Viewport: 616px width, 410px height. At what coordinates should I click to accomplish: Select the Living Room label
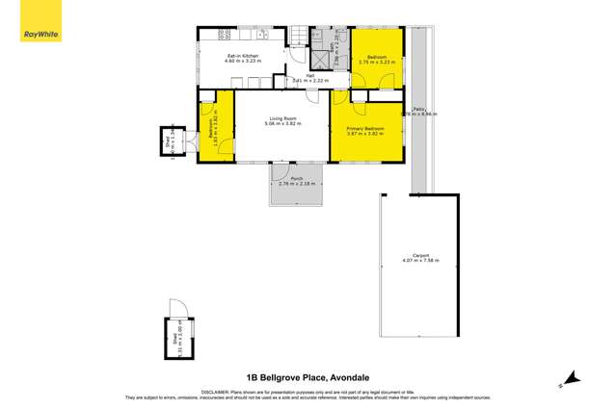(x=284, y=121)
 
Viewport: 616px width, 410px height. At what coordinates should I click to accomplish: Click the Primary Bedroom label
(x=365, y=130)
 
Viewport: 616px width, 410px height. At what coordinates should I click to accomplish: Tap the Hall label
(x=311, y=77)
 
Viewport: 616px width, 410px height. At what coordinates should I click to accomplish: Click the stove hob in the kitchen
(x=223, y=35)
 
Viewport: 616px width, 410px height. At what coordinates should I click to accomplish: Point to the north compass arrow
(x=570, y=378)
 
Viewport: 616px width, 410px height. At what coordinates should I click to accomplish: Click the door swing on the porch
(x=281, y=173)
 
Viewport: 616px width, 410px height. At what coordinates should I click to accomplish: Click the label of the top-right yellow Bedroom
(x=372, y=59)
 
